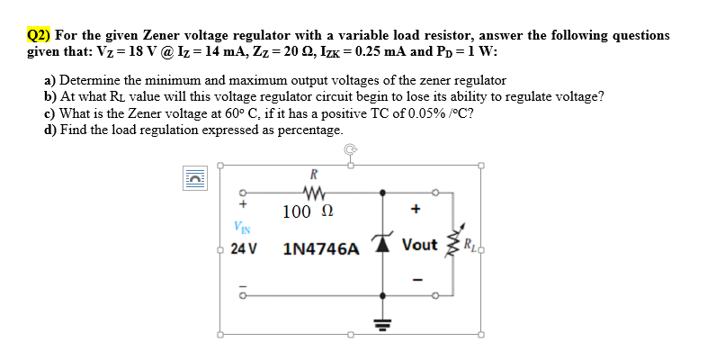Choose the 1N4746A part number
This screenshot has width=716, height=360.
(x=321, y=247)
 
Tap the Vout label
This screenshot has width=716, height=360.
(x=420, y=245)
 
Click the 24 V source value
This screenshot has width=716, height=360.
(x=243, y=247)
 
